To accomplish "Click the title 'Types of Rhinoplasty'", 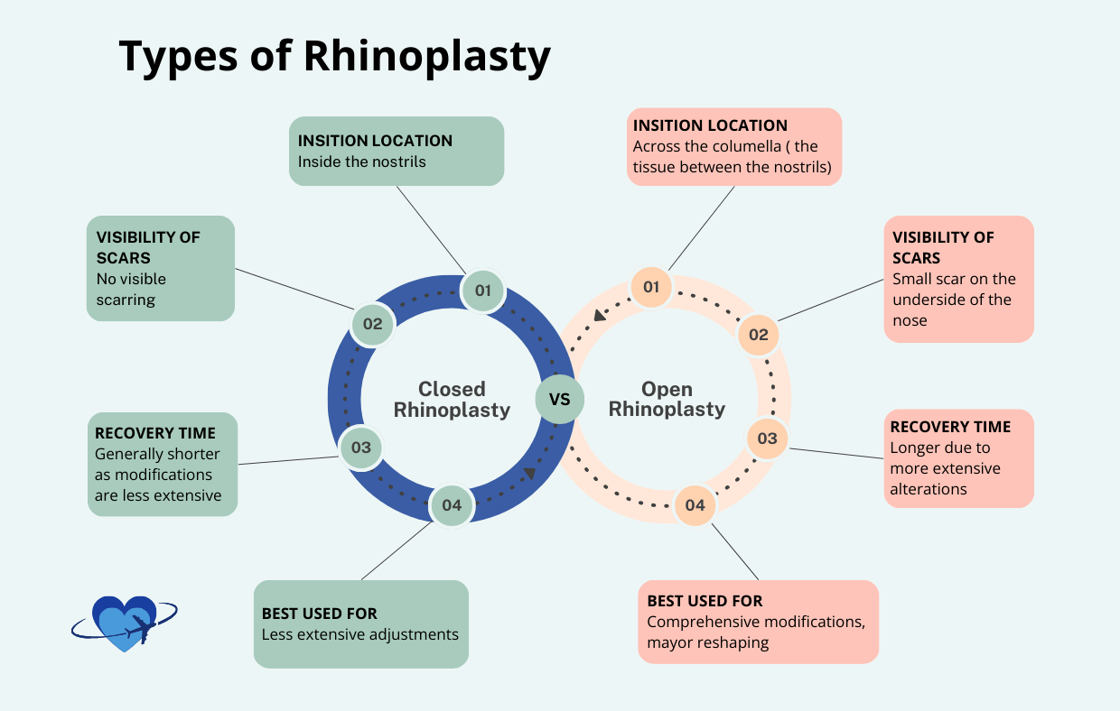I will pyautogui.click(x=334, y=56).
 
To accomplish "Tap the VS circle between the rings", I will pyautogui.click(x=559, y=398).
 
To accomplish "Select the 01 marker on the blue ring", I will pyautogui.click(x=483, y=290).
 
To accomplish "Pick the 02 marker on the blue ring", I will pyautogui.click(x=373, y=324).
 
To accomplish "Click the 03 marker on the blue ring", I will pyautogui.click(x=361, y=447).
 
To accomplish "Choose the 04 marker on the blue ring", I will pyautogui.click(x=452, y=505).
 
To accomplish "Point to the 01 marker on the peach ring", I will pyautogui.click(x=650, y=288).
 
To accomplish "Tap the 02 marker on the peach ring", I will pyautogui.click(x=759, y=336).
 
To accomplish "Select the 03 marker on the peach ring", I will pyautogui.click(x=767, y=439).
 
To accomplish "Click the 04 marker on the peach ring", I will pyautogui.click(x=695, y=505).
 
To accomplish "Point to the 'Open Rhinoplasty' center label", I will pyautogui.click(x=667, y=400).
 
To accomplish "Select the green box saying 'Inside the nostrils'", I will pyautogui.click(x=396, y=151).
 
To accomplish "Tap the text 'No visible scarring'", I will pyautogui.click(x=131, y=289).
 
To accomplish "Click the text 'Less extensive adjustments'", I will pyautogui.click(x=359, y=634).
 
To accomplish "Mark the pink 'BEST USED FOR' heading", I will pyautogui.click(x=705, y=601).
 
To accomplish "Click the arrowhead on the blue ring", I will pyautogui.click(x=529, y=474).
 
